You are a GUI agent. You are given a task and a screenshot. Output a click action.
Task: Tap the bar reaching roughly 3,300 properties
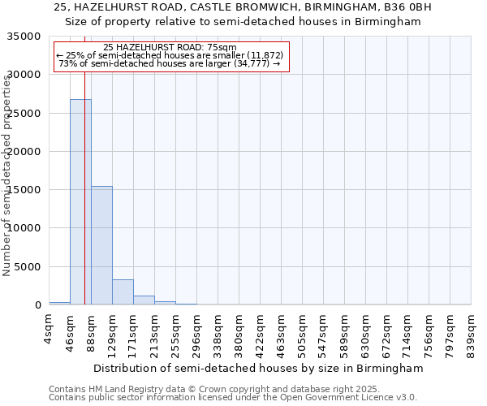[x=123, y=292]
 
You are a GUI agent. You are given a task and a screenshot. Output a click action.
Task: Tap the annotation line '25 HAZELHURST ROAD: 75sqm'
[x=170, y=47]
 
